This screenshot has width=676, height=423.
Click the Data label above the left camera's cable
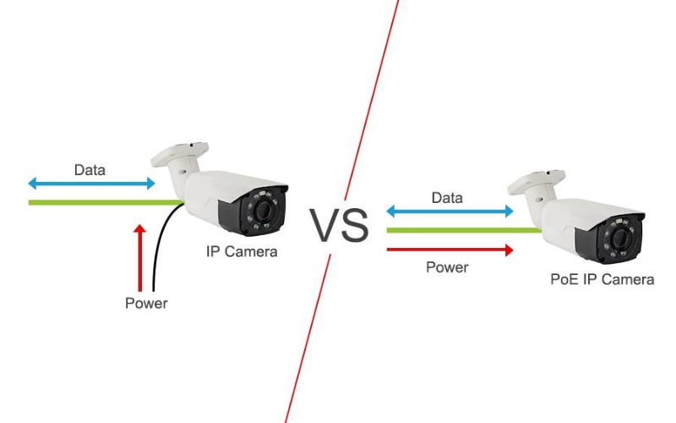pyautogui.click(x=90, y=170)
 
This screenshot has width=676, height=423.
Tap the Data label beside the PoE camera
pyautogui.click(x=447, y=198)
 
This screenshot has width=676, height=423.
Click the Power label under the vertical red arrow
pyautogui.click(x=146, y=303)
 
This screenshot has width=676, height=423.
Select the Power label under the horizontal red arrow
pyautogui.click(x=447, y=267)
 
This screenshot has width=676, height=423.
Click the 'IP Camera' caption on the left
pyautogui.click(x=242, y=251)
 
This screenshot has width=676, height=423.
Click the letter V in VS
pyautogui.click(x=325, y=225)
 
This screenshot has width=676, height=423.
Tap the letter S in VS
pyautogui.click(x=355, y=225)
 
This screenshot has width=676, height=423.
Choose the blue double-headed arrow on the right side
pyautogui.click(x=450, y=211)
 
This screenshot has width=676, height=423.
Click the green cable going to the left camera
pyautogui.click(x=101, y=202)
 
